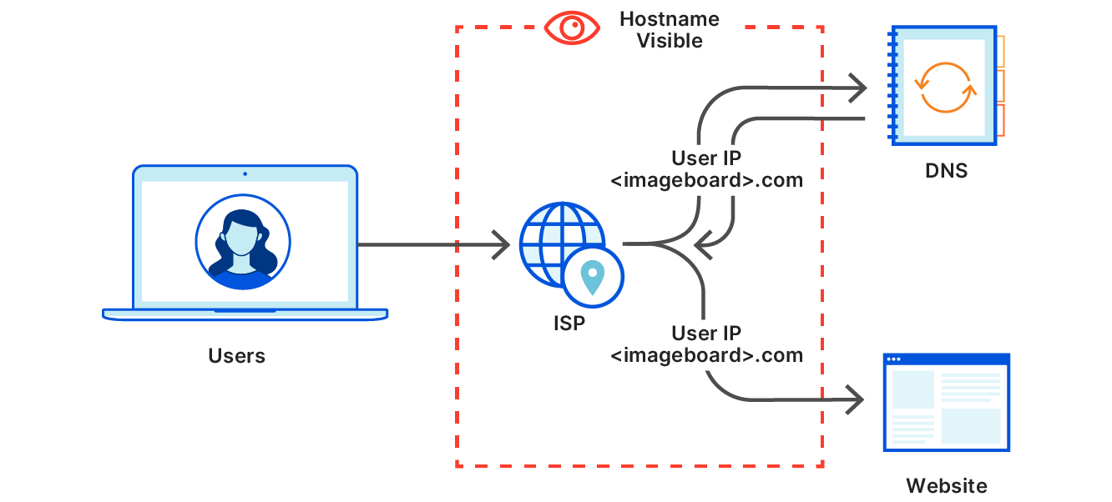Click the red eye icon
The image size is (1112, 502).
(x=574, y=28)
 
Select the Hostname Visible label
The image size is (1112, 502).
(x=670, y=30)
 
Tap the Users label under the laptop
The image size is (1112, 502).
(x=236, y=356)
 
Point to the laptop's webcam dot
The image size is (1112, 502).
(x=245, y=174)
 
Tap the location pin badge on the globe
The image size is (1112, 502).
(x=593, y=276)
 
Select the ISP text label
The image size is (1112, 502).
(x=569, y=323)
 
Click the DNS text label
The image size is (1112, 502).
(x=947, y=171)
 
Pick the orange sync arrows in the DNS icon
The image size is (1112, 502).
(x=945, y=87)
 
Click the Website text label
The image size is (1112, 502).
(x=946, y=485)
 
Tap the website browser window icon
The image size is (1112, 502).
(x=946, y=403)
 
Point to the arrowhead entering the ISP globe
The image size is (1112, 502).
(x=501, y=245)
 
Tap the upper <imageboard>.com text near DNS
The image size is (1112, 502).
(x=706, y=179)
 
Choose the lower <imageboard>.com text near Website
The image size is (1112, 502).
(x=706, y=355)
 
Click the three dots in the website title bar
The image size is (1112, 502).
(x=894, y=359)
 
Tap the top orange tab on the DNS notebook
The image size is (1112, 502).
(x=999, y=51)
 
